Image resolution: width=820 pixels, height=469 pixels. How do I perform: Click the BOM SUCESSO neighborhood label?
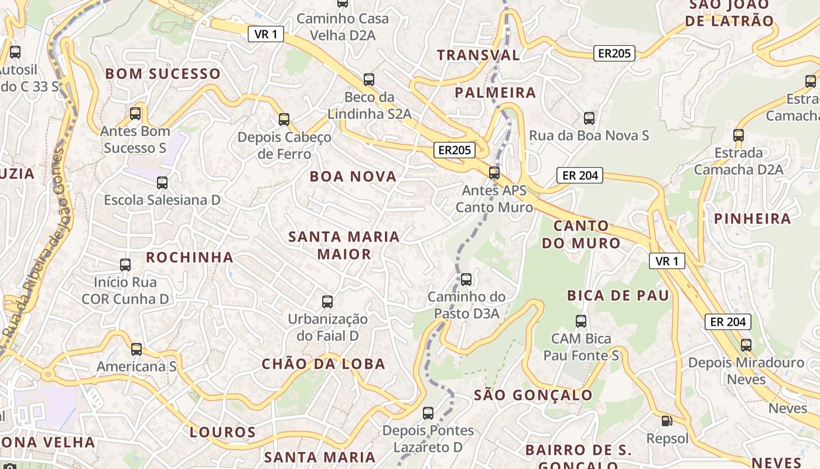pos(162,74)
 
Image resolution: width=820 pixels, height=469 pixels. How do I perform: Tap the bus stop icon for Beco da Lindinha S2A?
pos(368,80)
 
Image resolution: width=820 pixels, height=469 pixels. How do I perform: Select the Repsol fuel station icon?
pos(667,420)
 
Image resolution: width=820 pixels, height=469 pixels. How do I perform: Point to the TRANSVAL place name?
pos(478,55)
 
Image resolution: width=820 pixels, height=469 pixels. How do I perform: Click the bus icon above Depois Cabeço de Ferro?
pos(284,120)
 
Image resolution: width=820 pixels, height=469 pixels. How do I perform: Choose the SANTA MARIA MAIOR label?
pos(344,245)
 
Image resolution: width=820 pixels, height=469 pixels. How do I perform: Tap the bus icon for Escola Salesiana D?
pos(162,183)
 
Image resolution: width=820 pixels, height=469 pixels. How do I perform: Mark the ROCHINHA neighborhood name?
pos(190,257)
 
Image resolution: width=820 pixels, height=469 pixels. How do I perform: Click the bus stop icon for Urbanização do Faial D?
pos(327,302)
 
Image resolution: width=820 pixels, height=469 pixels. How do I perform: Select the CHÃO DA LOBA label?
pos(323,364)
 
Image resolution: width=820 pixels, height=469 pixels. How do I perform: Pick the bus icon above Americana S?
pos(136,349)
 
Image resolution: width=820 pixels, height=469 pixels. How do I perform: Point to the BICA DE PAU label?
pos(618,295)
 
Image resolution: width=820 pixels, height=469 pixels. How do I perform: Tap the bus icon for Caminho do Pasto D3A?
pos(466,280)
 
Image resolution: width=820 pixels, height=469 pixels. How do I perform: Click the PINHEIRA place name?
pos(752,219)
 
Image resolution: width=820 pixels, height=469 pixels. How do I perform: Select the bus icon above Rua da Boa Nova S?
pos(589,118)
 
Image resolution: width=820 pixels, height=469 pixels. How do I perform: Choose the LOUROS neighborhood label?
pos(223,433)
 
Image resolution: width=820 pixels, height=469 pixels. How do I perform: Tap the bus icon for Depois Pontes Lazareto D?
pos(428,413)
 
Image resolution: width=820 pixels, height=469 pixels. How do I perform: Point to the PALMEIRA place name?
pos(495,93)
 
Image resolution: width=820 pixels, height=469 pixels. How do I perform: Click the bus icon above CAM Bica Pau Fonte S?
pos(581,321)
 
